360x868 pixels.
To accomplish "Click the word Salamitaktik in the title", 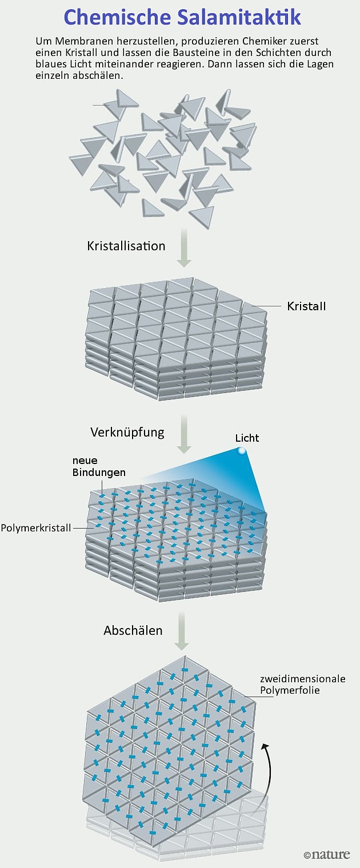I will [234, 17].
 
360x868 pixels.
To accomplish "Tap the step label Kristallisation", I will [126, 246].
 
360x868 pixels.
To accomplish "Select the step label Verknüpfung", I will [127, 432].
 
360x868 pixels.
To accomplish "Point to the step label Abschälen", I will [133, 631].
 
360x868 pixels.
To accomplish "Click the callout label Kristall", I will [306, 306].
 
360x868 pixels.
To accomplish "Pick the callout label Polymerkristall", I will [36, 527].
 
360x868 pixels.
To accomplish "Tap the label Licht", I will [247, 438].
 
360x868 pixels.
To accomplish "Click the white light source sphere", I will [242, 451].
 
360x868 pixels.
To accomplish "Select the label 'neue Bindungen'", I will [98, 466].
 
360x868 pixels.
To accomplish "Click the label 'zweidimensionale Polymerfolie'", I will [302, 685].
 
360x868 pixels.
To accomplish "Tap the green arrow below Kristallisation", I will [183, 247].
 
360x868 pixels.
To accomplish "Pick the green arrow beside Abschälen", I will [182, 631].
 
